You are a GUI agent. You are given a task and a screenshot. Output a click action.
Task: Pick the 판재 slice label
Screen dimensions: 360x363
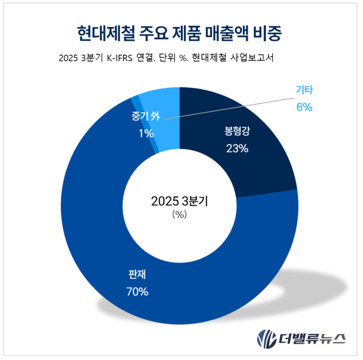tap(137, 274)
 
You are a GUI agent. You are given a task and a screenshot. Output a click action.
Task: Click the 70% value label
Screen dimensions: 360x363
tap(137, 291)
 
